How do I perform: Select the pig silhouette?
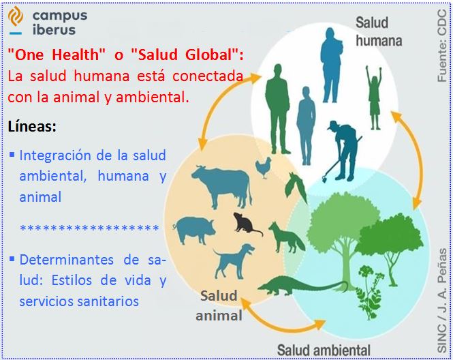point(194,230)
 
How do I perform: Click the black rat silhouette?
point(246,224)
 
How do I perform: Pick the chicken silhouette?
point(264,168)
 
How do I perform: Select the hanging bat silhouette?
point(296,187)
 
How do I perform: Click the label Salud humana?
point(379,31)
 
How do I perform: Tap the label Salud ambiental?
point(324,350)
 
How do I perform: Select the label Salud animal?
point(219,305)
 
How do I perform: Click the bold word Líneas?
point(32,126)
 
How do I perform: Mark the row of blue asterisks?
point(89,228)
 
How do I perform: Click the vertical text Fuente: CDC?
point(442,46)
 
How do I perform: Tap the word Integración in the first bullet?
point(55,156)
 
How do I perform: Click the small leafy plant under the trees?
point(369,292)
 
